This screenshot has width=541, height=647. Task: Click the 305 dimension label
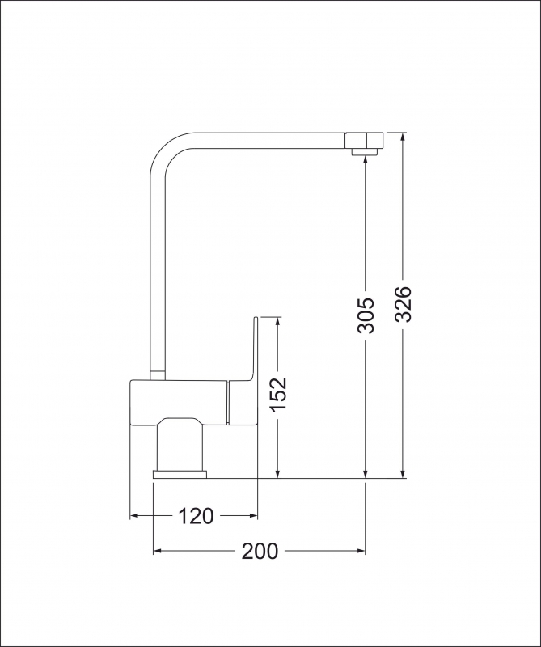(366, 315)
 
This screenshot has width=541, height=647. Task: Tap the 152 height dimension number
(278, 395)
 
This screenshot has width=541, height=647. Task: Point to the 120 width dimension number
(195, 515)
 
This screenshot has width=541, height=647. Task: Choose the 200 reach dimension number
(260, 552)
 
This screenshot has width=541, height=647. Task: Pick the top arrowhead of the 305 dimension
(366, 161)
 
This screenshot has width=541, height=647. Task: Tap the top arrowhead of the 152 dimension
(278, 322)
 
